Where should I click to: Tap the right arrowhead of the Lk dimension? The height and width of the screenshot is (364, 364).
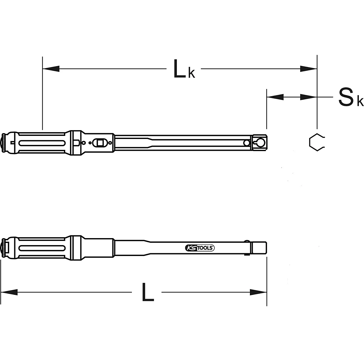pyautogui.click(x=308, y=69)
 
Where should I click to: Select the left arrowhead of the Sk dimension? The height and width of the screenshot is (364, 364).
pyautogui.click(x=275, y=97)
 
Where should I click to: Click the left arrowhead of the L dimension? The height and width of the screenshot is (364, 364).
pyautogui.click(x=9, y=292)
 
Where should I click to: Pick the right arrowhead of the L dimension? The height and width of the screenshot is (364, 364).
pyautogui.click(x=258, y=292)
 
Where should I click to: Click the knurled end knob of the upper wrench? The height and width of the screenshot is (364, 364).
pyautogui.click(x=4, y=142)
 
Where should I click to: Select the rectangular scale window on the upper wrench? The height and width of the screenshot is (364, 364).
pyautogui.click(x=99, y=142)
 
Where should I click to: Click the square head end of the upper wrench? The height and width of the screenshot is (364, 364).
pyautogui.click(x=260, y=142)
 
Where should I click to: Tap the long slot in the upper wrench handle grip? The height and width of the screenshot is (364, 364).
pyautogui.click(x=41, y=142)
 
